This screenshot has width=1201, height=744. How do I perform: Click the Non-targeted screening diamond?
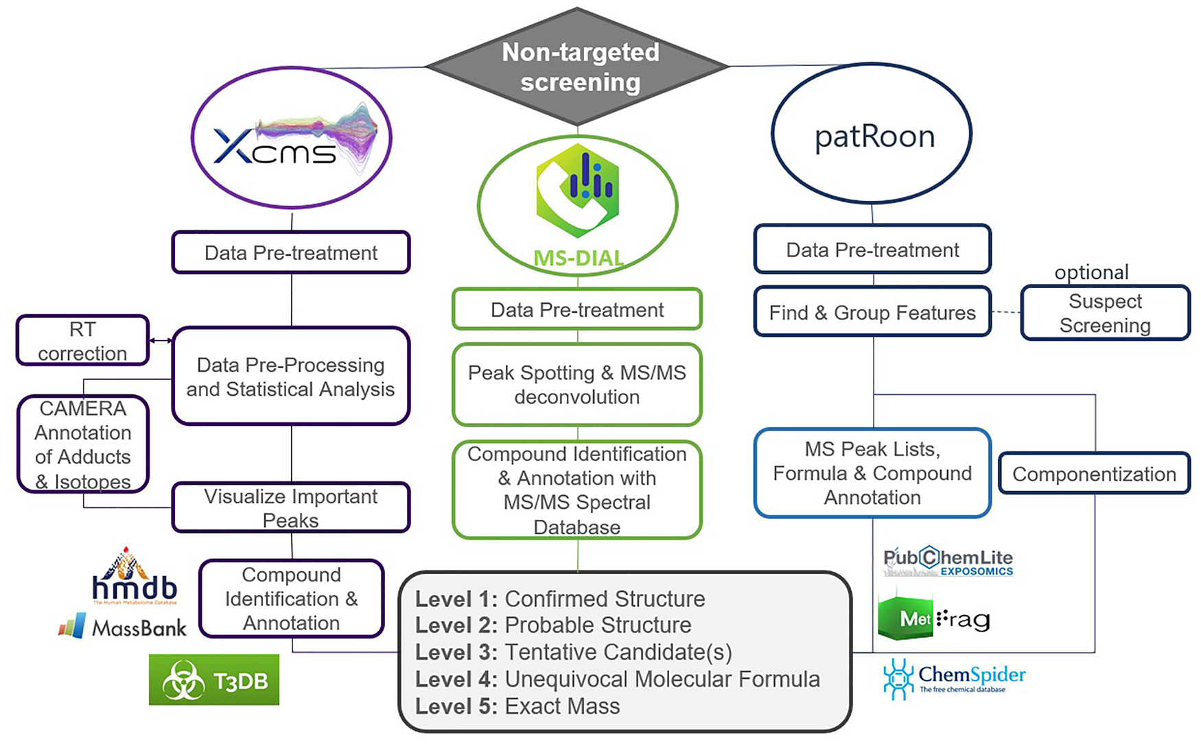[x=578, y=67]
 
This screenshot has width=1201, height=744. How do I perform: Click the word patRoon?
[x=874, y=136]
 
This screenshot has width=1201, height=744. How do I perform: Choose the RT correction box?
[x=82, y=341]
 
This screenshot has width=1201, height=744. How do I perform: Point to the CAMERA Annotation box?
[x=83, y=444]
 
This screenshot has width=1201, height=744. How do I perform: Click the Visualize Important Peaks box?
[x=291, y=507]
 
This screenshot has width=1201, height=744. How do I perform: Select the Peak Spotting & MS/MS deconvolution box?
[x=577, y=385]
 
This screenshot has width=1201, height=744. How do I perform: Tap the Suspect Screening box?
[x=1105, y=313]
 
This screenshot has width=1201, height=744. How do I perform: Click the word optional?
[x=1091, y=272]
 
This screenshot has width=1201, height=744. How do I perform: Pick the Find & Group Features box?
[x=872, y=313]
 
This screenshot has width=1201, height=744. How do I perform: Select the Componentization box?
[x=1094, y=474]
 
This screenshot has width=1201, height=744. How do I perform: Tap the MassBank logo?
[x=124, y=627]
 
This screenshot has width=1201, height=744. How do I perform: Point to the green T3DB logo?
[x=214, y=680]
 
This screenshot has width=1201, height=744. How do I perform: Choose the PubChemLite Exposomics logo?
[x=948, y=561]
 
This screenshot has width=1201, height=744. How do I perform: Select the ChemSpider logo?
[x=955, y=678]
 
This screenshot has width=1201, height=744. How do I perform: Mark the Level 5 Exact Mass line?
[x=517, y=706]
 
